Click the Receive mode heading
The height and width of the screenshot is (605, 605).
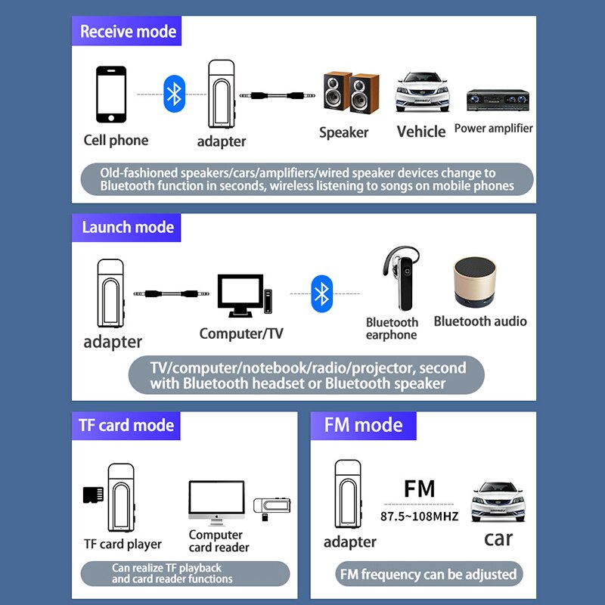click(128, 32)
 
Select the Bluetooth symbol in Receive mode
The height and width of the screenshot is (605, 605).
click(175, 94)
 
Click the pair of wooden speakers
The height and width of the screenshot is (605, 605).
click(350, 94)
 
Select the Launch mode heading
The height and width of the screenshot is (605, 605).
click(128, 228)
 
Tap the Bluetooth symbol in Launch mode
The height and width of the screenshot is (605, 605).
click(321, 293)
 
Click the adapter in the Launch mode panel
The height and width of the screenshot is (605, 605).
click(110, 293)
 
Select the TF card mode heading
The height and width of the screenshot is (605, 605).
click(126, 425)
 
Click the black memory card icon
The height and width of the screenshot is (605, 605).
click(92, 495)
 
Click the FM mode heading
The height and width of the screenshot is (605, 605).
click(363, 425)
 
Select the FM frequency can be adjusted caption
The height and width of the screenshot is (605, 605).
click(427, 574)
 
